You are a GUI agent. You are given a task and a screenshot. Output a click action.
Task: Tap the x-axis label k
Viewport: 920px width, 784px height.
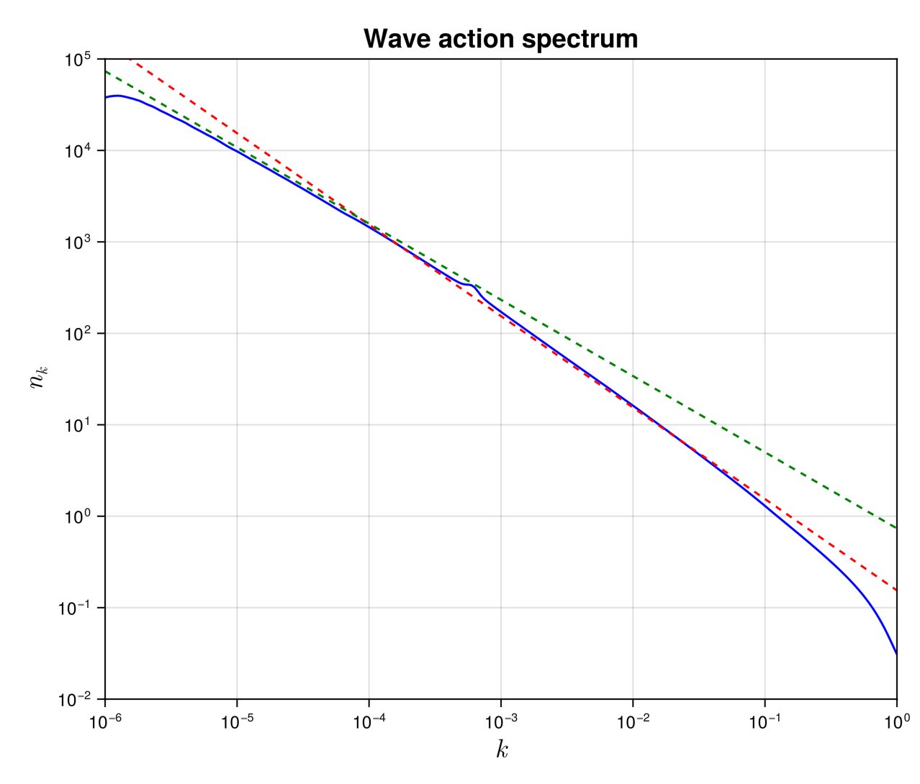coord(502,750)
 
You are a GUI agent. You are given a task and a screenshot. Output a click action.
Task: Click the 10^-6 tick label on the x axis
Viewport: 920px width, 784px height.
coord(105,721)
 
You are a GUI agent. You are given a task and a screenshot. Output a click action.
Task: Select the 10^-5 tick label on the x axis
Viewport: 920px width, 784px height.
coord(237,721)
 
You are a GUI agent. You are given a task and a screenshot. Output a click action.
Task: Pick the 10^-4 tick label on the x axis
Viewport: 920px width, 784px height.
coord(369,721)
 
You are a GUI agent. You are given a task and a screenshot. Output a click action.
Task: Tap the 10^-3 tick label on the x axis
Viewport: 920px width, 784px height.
coord(500,721)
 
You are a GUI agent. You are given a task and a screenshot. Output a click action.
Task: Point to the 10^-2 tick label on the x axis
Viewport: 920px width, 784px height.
coord(633,721)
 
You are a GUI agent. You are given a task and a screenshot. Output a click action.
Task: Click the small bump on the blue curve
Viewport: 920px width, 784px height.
coord(471,286)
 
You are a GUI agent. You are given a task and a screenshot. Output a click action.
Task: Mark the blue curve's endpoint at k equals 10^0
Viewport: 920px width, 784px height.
coord(896,654)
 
